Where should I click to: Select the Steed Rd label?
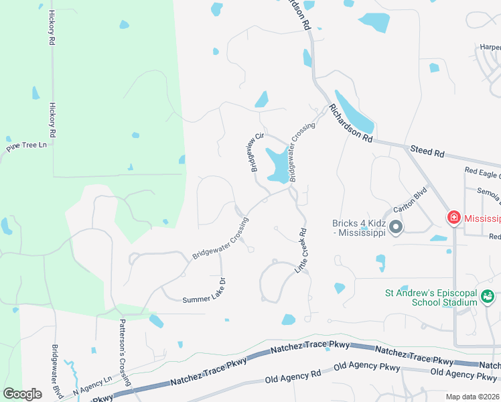tap(427, 153)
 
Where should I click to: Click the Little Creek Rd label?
tap(301, 251)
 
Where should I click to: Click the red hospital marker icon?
tap(453, 218)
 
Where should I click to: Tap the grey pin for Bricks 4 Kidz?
tap(395, 228)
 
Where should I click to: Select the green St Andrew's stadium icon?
tap(488, 295)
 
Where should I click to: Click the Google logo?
tap(23, 394)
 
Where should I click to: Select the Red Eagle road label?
tap(482, 175)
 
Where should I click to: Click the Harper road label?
tap(490, 48)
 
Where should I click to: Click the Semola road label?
tap(490, 194)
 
